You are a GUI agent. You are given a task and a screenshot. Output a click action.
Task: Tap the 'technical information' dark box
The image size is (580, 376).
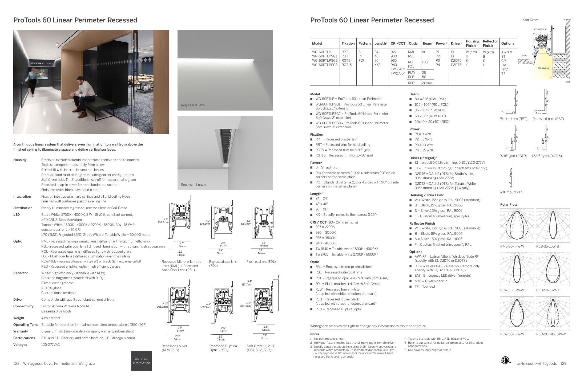coord(141,361)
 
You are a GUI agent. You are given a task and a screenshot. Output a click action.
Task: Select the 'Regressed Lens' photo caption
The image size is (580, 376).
coord(193,105)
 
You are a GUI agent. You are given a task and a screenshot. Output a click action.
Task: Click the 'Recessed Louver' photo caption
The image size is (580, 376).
coord(194,185)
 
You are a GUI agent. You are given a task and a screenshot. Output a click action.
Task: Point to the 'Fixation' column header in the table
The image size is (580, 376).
coord(348,44)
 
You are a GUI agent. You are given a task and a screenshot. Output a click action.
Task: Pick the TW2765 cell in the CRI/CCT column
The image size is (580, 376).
coord(397,73)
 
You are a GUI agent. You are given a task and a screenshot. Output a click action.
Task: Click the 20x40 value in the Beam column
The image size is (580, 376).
coord(427,83)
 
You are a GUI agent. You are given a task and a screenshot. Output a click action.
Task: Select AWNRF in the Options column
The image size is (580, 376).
coord(507,52)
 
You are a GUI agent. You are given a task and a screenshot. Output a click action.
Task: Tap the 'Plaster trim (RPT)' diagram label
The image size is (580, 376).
coord(513,119)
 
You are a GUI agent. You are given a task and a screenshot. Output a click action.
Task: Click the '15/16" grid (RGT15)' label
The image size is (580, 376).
coord(546,156)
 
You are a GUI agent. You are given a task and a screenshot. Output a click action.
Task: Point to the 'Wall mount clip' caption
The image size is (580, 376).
coord(511,192)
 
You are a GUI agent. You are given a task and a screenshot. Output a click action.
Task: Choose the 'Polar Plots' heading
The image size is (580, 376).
coord(509,205)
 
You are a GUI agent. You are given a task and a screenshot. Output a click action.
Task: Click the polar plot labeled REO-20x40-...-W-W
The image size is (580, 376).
coord(553,313)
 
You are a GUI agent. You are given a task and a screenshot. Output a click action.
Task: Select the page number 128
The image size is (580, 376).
coord(16,363)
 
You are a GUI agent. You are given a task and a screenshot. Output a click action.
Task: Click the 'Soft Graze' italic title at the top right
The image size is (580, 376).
coord(530,20)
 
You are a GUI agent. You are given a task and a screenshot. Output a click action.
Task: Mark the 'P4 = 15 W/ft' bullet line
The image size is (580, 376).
coord(424,150)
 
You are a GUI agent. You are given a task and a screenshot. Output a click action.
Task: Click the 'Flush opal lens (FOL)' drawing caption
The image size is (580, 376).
coord(261,262)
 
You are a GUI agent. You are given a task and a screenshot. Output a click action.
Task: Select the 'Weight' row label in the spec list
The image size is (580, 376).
coord(19,318)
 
